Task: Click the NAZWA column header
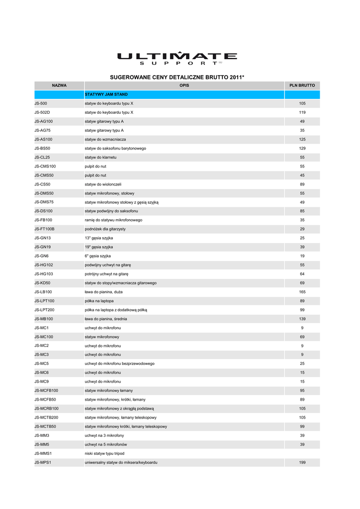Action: [59, 85]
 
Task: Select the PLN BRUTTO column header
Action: [302, 85]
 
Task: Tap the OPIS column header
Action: [184, 85]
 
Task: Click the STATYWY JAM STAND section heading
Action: [106, 94]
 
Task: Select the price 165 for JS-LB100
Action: [302, 292]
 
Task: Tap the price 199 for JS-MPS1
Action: [302, 462]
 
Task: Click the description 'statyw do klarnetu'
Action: [101, 157]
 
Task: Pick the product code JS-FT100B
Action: [44, 229]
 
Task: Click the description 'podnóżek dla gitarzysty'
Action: [105, 229]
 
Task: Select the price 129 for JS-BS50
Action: [302, 148]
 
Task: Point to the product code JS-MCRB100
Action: [46, 409]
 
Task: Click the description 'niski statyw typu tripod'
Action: [104, 453]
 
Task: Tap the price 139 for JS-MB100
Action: [302, 319]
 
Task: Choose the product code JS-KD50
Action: [42, 283]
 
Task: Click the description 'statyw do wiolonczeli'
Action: [103, 184]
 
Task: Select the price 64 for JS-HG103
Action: [302, 274]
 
